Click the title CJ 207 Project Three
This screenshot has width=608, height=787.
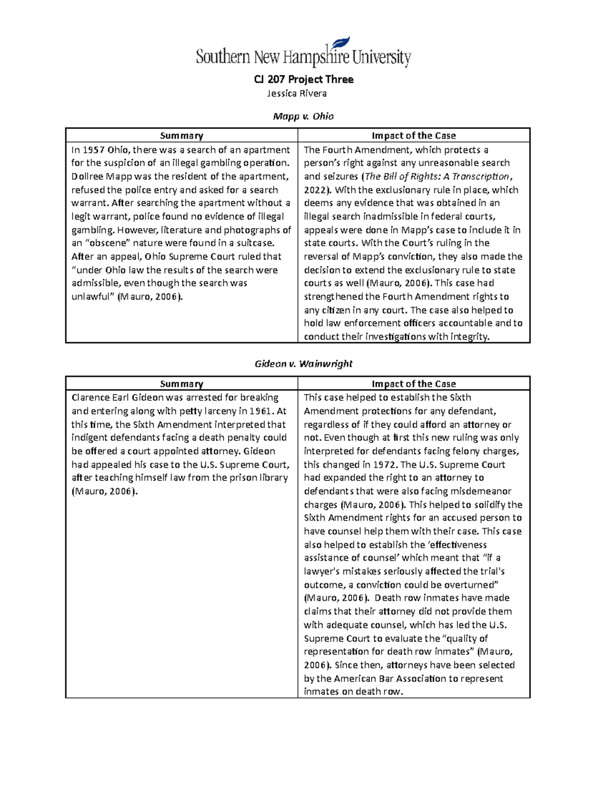click(x=303, y=80)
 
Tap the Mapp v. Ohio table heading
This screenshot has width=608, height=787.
click(x=303, y=117)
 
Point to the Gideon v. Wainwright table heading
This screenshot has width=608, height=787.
click(x=303, y=364)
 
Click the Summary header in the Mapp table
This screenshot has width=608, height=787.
click(x=181, y=136)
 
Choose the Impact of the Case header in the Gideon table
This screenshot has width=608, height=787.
click(x=413, y=384)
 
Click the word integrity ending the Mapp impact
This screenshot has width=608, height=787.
click(x=470, y=337)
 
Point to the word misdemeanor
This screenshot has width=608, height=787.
click(x=481, y=492)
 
